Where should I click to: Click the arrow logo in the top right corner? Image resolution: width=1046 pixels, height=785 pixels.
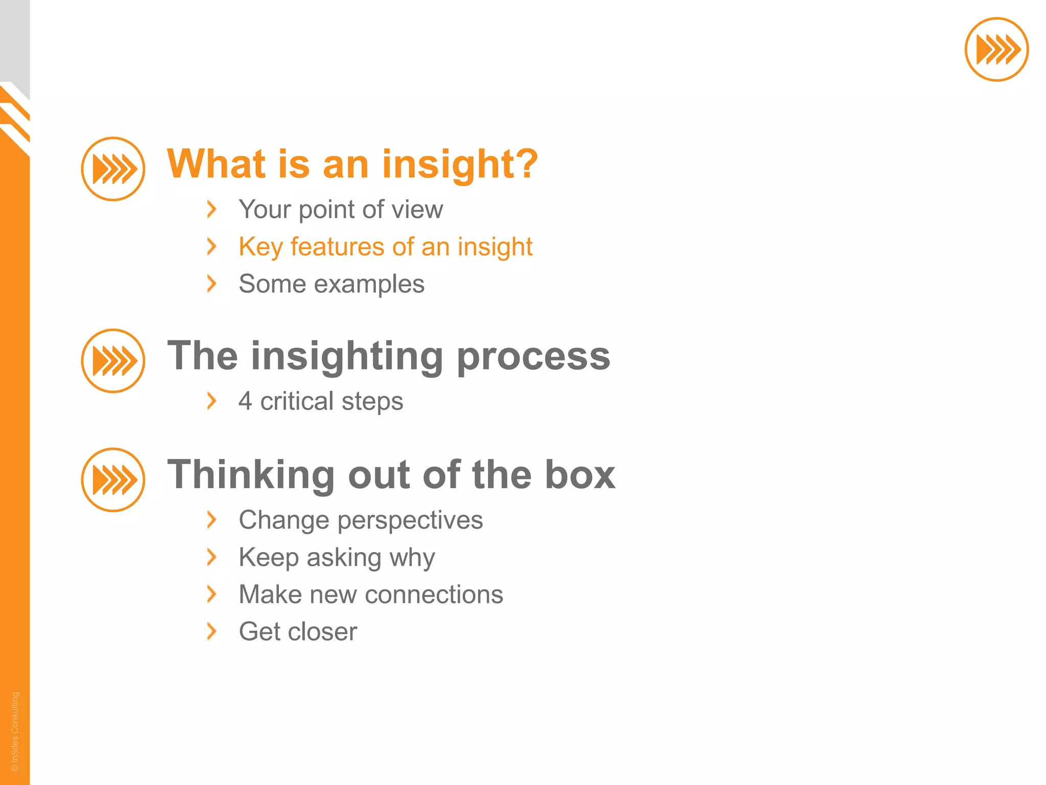(x=996, y=50)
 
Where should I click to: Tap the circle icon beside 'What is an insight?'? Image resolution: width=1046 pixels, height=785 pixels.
(x=113, y=169)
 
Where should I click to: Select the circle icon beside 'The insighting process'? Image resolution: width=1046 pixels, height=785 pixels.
(x=113, y=361)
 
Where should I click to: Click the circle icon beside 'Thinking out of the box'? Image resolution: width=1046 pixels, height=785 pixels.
(x=113, y=480)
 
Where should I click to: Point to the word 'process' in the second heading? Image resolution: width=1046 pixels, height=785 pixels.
(x=533, y=356)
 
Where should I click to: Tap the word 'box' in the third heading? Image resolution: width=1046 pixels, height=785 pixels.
(x=580, y=475)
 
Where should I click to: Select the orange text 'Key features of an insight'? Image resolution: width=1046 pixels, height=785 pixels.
(x=385, y=247)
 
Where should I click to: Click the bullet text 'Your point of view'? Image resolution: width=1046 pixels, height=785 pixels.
(x=341, y=210)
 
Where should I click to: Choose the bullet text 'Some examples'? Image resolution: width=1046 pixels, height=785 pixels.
(x=331, y=284)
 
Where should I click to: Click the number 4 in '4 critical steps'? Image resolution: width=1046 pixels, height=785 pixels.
(x=245, y=401)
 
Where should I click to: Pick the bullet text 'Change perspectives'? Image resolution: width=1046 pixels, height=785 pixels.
(x=361, y=520)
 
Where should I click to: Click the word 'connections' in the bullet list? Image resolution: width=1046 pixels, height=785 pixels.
(x=434, y=595)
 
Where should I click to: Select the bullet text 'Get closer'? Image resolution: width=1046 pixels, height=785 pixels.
(x=298, y=632)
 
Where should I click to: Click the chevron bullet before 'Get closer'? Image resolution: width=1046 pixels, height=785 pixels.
(x=211, y=632)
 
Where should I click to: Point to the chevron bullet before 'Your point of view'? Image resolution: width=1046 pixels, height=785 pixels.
(x=211, y=210)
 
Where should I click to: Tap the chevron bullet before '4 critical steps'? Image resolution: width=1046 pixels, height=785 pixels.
(x=211, y=401)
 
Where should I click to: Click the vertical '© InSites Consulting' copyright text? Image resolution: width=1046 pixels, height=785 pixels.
(x=15, y=731)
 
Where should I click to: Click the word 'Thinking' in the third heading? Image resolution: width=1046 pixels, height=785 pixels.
(x=251, y=475)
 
